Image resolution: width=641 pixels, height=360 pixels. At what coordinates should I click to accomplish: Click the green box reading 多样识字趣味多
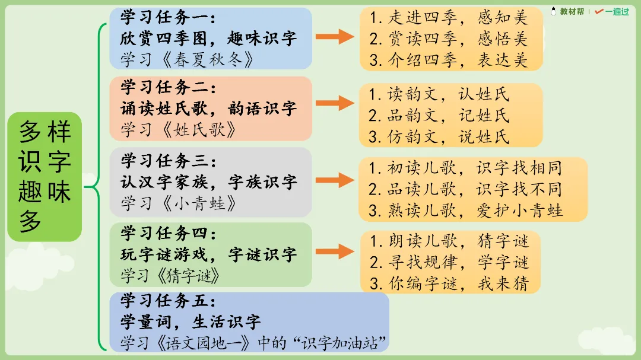[45, 177]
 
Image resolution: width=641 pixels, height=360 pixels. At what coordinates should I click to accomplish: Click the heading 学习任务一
[169, 18]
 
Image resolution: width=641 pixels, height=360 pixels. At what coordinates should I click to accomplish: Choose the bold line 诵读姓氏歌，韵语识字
[208, 109]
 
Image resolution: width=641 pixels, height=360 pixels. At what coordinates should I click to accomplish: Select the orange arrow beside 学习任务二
[335, 103]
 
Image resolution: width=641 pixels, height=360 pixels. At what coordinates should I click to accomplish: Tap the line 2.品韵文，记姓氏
[439, 115]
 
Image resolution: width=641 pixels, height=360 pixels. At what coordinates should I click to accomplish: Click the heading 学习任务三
[169, 161]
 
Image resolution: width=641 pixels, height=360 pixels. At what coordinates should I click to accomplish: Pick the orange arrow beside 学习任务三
[335, 180]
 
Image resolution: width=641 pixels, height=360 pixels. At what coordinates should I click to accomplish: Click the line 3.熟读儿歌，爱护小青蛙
[466, 211]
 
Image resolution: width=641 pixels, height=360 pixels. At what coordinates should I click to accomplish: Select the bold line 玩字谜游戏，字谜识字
[208, 255]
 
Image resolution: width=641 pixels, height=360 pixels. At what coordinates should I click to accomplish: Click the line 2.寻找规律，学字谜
[449, 262]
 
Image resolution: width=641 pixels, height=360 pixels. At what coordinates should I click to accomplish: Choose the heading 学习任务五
[169, 301]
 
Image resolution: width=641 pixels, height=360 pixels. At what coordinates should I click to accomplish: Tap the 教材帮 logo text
[572, 11]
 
